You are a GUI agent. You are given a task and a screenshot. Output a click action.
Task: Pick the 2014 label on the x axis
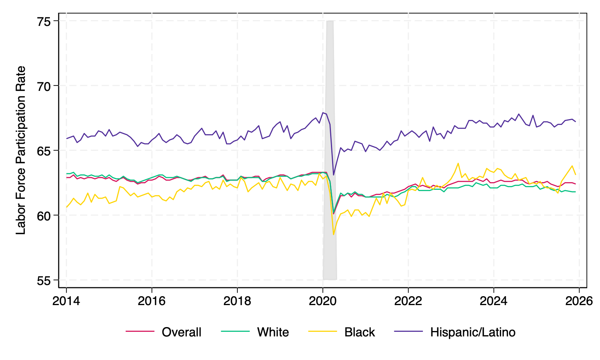(66, 301)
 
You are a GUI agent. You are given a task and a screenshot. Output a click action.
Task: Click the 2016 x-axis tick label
(152, 301)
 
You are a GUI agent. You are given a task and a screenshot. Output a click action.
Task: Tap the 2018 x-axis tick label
(237, 301)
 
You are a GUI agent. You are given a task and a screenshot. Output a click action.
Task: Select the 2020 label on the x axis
(322, 301)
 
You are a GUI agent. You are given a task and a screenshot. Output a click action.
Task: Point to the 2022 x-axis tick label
(408, 301)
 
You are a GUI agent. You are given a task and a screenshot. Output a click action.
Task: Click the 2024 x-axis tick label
(493, 301)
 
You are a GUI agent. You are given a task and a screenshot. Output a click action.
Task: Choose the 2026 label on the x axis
(579, 301)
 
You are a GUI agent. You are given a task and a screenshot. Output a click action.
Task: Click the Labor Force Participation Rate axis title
(21, 150)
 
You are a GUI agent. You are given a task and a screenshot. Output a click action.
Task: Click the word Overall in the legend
(181, 332)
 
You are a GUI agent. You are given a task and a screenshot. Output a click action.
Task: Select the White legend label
(273, 332)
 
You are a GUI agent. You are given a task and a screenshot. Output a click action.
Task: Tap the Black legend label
(360, 332)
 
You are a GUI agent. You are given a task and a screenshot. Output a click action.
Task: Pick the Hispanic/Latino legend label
(472, 332)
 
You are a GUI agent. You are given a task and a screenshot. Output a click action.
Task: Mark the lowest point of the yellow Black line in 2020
(334, 234)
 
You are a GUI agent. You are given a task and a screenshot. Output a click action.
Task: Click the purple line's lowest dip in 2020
(334, 175)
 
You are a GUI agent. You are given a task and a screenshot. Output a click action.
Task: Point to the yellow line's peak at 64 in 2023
(458, 163)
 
